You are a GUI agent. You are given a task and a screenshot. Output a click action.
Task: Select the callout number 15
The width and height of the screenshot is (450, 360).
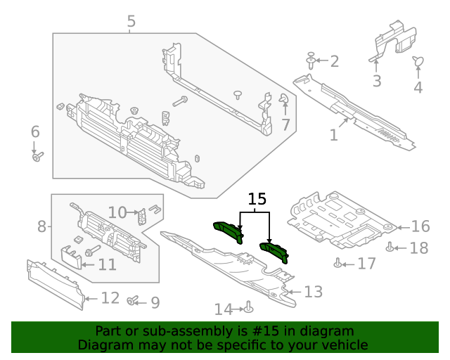pyautogui.click(x=256, y=199)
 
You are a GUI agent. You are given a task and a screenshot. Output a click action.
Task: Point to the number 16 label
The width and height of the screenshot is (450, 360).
pyautogui.click(x=420, y=226)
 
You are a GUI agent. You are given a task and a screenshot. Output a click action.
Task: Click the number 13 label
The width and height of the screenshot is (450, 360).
pyautogui.click(x=313, y=291)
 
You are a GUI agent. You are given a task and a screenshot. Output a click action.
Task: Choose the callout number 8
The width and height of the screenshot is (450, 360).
pyautogui.click(x=42, y=226)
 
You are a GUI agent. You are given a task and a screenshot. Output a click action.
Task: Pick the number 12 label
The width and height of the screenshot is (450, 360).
pyautogui.click(x=110, y=297)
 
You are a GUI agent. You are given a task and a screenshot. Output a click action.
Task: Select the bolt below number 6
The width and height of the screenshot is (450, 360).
pyautogui.click(x=37, y=156)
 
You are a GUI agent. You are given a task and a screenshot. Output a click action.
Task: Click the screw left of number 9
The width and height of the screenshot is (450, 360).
pyautogui.click(x=131, y=301)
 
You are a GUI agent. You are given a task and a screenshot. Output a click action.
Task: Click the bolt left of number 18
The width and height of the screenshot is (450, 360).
pyautogui.click(x=390, y=246)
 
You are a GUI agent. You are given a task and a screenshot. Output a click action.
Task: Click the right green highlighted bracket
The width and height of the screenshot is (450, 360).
pyautogui.click(x=275, y=249)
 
